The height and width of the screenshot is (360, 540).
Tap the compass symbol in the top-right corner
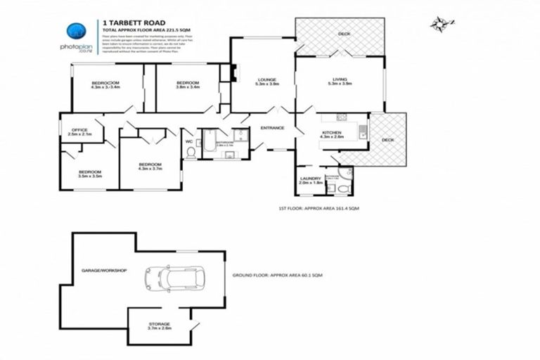(x=439, y=25)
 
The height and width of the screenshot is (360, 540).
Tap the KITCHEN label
(x=331, y=134)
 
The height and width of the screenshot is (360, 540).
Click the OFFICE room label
(x=77, y=131)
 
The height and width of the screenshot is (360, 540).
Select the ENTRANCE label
(x=272, y=128)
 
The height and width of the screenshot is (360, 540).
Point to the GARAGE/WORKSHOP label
(x=104, y=269)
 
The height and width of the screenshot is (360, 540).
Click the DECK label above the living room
(x=343, y=34)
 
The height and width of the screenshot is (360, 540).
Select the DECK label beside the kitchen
(x=387, y=139)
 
